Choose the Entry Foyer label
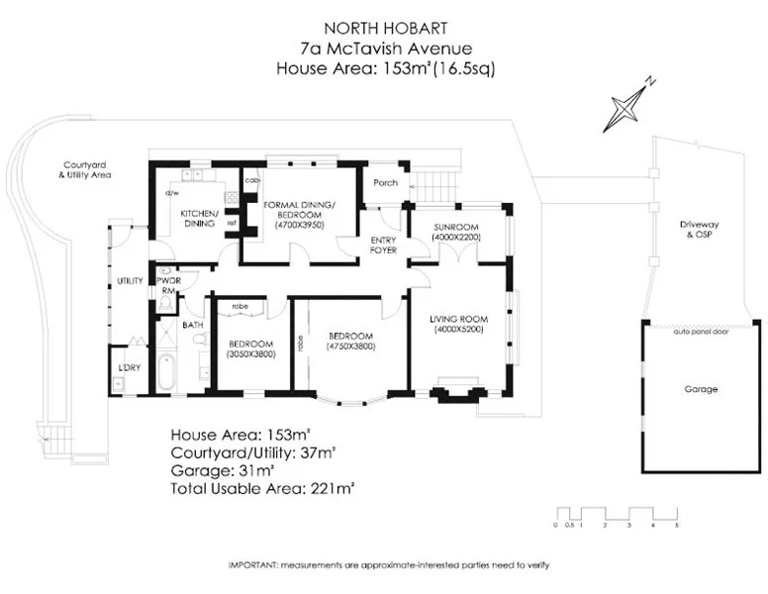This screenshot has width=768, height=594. click(383, 246)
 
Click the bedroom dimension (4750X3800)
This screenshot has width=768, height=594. click(350, 346)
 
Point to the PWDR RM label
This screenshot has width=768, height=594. click(167, 286)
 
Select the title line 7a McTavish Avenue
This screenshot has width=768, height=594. click(373, 49)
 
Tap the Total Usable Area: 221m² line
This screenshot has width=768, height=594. click(262, 488)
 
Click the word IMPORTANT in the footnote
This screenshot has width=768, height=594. click(253, 563)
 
